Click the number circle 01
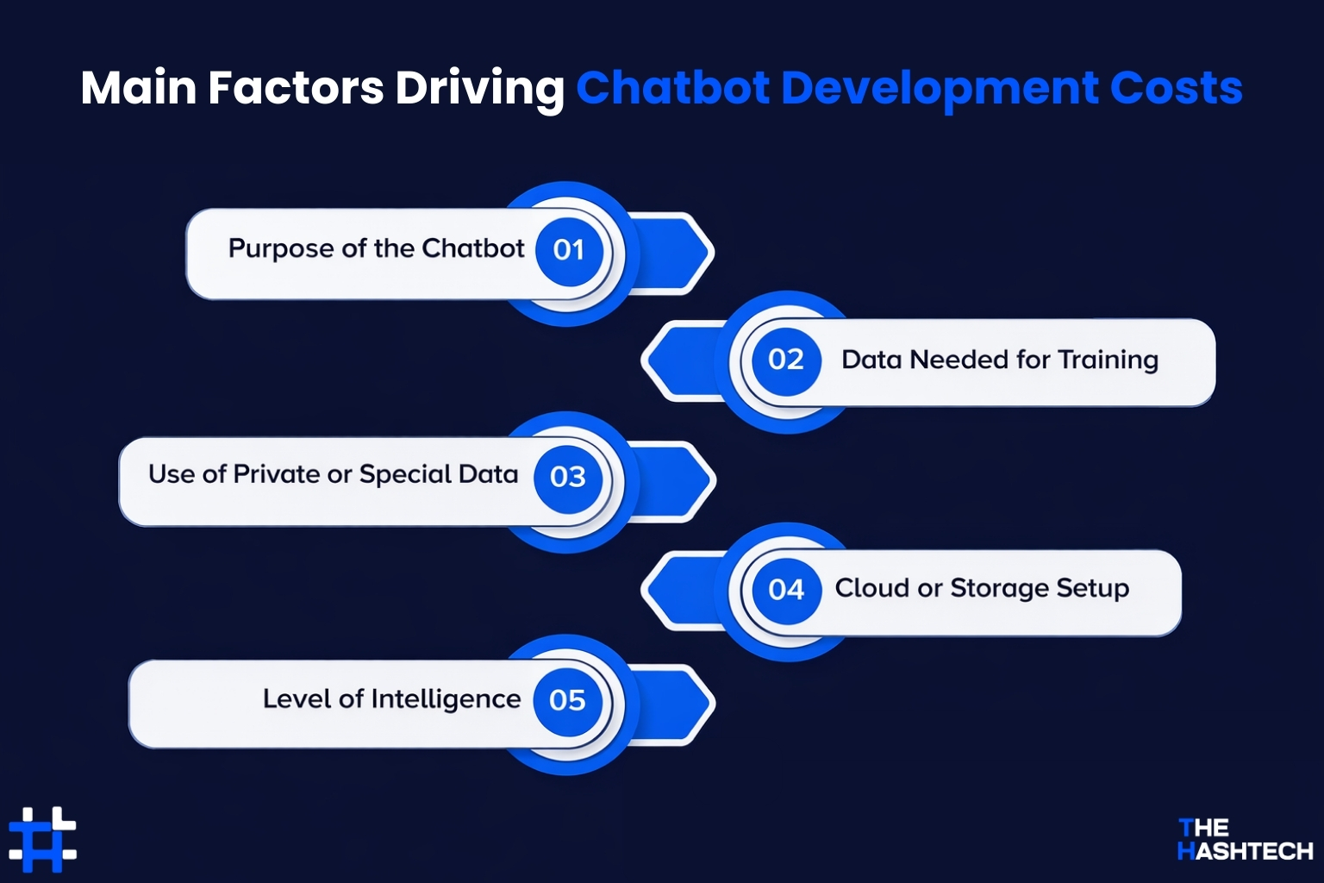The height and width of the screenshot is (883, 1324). [x=569, y=250]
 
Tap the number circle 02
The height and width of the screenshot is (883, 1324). [x=785, y=360]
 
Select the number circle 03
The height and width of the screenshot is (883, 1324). [x=567, y=477]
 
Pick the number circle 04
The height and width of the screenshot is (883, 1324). [x=785, y=590]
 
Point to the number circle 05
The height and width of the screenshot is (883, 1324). [x=567, y=700]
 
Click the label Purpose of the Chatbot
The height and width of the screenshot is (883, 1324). [x=376, y=249]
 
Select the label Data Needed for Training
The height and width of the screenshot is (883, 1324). [x=999, y=360]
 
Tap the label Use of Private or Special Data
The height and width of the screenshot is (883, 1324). [x=333, y=475]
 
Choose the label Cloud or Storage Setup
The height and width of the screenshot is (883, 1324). [x=982, y=588]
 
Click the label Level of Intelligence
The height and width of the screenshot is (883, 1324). [x=391, y=698]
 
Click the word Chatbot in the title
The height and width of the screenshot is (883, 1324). [x=672, y=88]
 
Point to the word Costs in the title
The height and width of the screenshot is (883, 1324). [x=1176, y=88]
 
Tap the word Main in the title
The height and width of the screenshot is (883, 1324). [x=137, y=88]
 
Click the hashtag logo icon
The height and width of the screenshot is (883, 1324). [x=43, y=839]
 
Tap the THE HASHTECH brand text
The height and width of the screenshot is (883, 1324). [x=1244, y=839]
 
